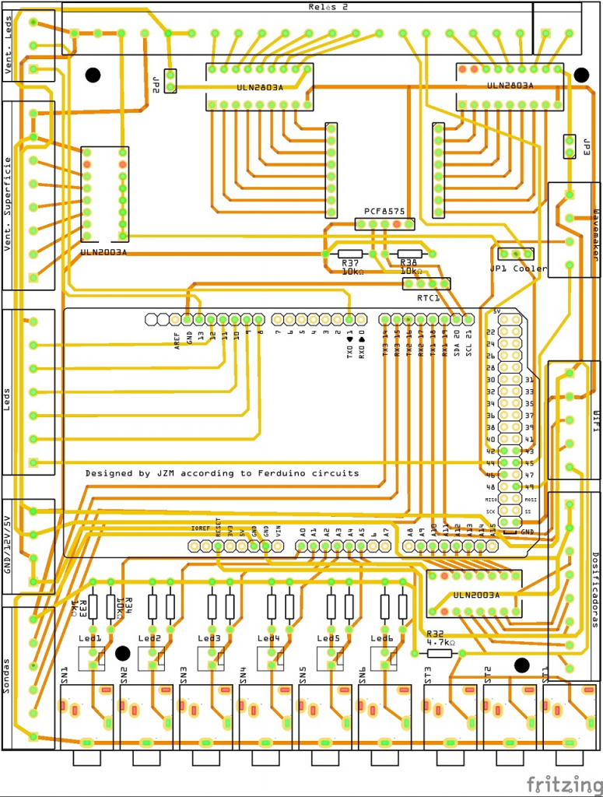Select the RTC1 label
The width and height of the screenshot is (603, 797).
click(x=428, y=298)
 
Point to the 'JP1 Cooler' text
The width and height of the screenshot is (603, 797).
click(x=518, y=269)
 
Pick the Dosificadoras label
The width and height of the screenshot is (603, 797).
click(x=595, y=584)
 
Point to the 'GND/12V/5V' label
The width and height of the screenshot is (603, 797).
click(x=9, y=545)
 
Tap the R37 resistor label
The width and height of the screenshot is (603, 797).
click(x=349, y=264)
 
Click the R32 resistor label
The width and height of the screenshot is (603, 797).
click(x=435, y=634)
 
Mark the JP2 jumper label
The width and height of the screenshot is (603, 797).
click(x=156, y=83)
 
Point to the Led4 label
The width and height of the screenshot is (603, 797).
click(x=268, y=638)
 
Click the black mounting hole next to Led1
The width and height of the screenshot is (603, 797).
click(x=122, y=652)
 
